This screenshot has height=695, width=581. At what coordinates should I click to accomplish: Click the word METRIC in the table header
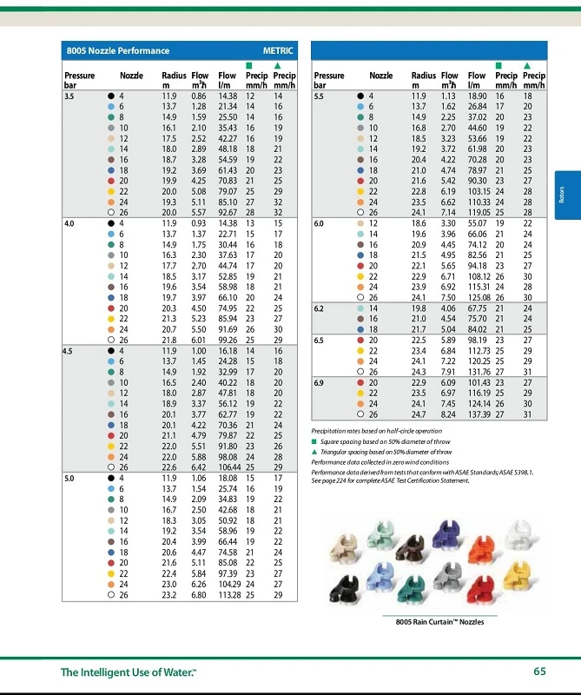(279, 51)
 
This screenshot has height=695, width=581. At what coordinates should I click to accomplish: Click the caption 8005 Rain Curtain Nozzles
(434, 622)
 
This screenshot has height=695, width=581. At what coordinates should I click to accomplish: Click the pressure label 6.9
(319, 381)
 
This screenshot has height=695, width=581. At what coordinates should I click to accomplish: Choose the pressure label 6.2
(319, 308)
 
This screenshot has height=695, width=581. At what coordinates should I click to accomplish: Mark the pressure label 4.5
(69, 350)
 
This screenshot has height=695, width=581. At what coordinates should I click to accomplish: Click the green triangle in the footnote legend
(314, 453)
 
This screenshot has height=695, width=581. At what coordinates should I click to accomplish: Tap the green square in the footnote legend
(314, 441)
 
